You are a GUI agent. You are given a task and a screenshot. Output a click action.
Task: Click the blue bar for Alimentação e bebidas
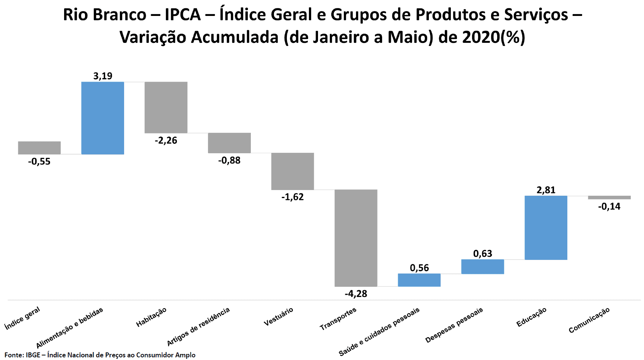point(102,118)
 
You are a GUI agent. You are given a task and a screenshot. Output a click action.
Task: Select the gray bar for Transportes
point(356,238)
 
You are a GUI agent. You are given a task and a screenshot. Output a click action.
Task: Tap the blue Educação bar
point(546,228)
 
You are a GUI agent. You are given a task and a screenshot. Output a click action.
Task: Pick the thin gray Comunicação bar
point(609,198)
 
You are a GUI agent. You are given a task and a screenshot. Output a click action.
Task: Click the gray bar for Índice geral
point(39,148)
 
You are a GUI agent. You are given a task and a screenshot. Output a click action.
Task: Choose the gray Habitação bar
point(166,107)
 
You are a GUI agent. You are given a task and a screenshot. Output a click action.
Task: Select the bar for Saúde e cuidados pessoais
point(419,280)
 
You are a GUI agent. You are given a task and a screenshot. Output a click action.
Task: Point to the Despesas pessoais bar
point(482,267)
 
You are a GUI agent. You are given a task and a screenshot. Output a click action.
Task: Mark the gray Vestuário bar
point(292,171)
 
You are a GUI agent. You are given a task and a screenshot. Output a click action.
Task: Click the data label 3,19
point(103,76)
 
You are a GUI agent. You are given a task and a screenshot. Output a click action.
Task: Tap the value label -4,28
point(356,294)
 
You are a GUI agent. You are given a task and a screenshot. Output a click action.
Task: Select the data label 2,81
point(546,190)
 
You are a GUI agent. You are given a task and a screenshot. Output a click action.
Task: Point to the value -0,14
point(609,207)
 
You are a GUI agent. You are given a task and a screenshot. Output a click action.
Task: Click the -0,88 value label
point(229,160)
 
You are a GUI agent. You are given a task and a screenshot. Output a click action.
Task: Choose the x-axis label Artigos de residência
point(198,327)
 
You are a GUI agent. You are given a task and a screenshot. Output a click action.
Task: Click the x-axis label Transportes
point(338,319)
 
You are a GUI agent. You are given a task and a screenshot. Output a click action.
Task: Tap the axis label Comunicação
point(589,320)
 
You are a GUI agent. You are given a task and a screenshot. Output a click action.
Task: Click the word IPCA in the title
point(183,15)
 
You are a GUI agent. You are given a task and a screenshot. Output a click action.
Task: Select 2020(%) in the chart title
point(494,37)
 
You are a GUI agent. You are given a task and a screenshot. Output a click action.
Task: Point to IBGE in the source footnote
point(33,355)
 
